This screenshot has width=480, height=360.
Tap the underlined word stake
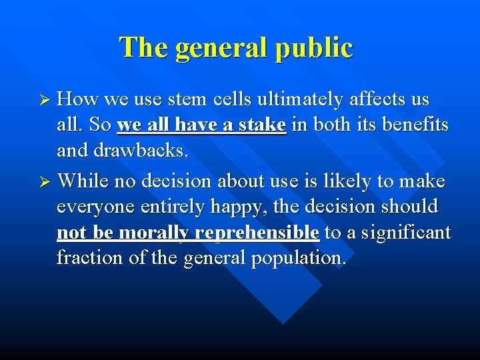(262, 126)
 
